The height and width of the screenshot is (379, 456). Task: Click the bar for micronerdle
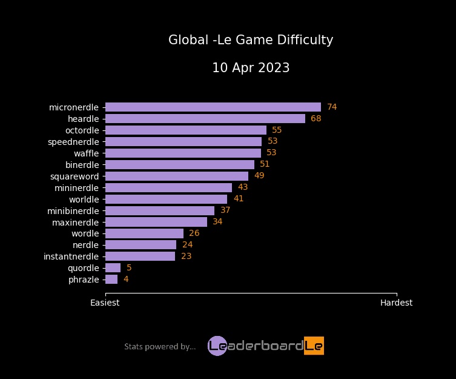pyautogui.click(x=213, y=107)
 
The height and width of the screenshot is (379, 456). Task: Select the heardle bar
pyautogui.click(x=205, y=118)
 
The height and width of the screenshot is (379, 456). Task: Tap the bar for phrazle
pyautogui.click(x=111, y=279)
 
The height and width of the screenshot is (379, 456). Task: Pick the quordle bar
pyautogui.click(x=113, y=267)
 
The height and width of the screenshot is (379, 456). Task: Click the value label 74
pyautogui.click(x=332, y=107)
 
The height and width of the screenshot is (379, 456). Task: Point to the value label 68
pyautogui.click(x=316, y=118)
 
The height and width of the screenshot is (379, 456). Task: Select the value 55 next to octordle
pyautogui.click(x=277, y=130)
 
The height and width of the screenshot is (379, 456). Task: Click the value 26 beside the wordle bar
pyautogui.click(x=194, y=233)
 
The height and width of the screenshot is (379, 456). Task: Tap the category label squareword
pyautogui.click(x=74, y=176)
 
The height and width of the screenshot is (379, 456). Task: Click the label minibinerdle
pyautogui.click(x=73, y=210)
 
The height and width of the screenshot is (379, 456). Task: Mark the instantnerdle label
pyautogui.click(x=71, y=256)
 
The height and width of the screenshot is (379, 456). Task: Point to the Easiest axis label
pyautogui.click(x=105, y=303)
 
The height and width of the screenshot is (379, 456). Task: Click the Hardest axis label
pyautogui.click(x=396, y=303)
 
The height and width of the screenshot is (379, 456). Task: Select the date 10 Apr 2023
pyautogui.click(x=251, y=68)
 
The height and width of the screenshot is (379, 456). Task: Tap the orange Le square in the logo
pyautogui.click(x=314, y=346)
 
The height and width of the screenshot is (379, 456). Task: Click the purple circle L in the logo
pyautogui.click(x=217, y=346)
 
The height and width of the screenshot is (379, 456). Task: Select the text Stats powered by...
pyautogui.click(x=160, y=346)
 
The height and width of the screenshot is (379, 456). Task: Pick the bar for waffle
pyautogui.click(x=183, y=153)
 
